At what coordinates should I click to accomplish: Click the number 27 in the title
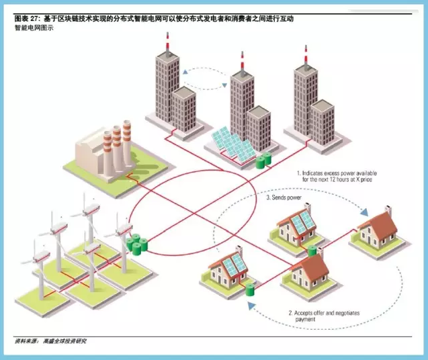(x=35, y=19)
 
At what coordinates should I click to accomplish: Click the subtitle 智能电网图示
(x=34, y=28)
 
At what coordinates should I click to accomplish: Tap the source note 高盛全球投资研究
(x=65, y=341)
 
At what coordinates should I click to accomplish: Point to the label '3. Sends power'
(x=284, y=197)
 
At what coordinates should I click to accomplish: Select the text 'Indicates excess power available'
(x=339, y=173)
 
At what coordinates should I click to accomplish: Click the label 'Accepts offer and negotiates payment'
(x=325, y=316)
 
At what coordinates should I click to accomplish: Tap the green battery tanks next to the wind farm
(x=136, y=244)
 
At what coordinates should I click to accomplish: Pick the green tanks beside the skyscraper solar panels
(x=263, y=161)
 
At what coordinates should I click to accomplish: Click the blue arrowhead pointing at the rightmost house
(x=364, y=212)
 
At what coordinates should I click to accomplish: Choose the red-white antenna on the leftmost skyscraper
(x=167, y=42)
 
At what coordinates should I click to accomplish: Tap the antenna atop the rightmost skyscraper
(x=306, y=55)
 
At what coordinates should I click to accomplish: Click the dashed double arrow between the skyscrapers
(x=205, y=79)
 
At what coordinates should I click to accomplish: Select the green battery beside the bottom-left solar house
(x=250, y=290)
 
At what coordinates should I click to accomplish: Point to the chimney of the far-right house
(x=388, y=210)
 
